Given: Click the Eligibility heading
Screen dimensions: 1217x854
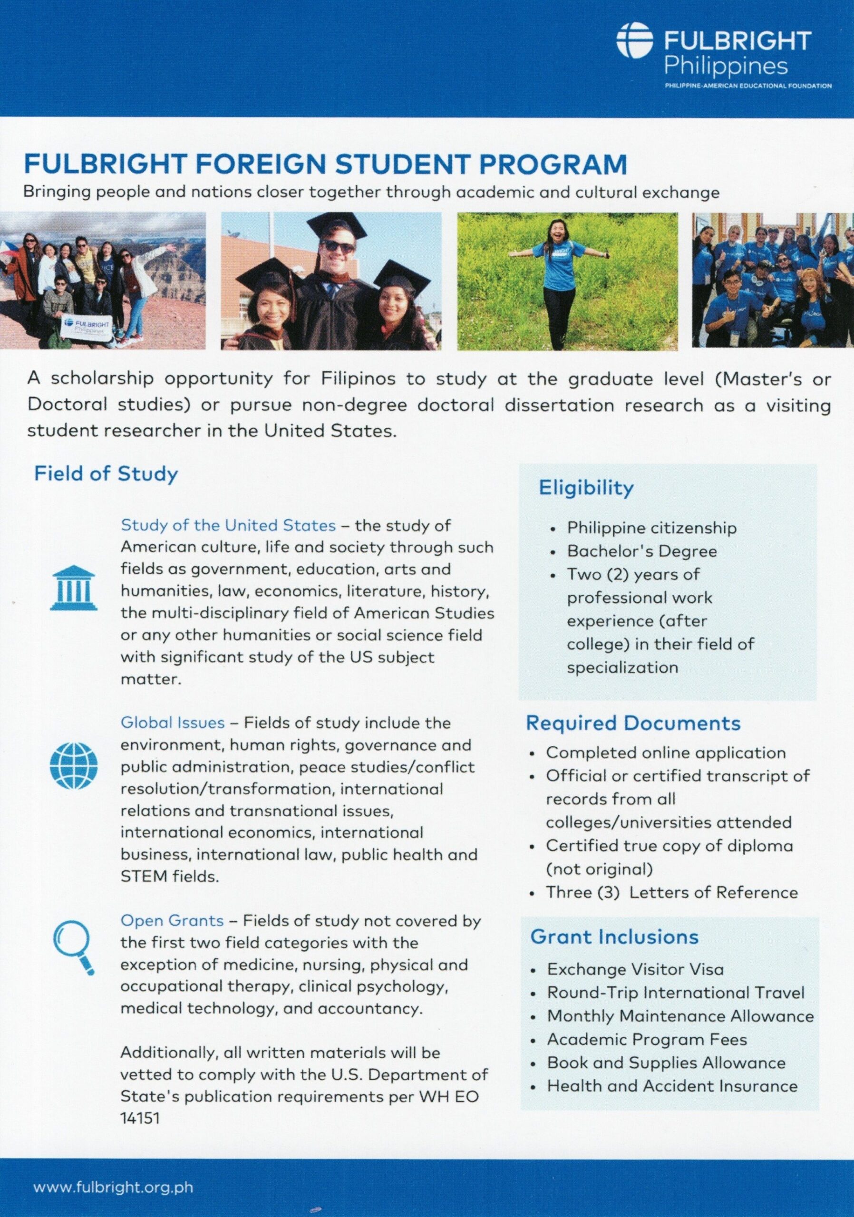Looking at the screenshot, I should point(586,488).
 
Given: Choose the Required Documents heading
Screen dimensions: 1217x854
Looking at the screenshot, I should point(633,723).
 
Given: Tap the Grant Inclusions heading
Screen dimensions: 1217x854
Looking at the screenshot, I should point(614,937).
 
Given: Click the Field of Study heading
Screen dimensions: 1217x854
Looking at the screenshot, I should point(106,474).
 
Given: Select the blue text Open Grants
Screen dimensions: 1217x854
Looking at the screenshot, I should point(172,921).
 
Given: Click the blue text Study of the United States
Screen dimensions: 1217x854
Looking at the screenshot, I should point(228,525).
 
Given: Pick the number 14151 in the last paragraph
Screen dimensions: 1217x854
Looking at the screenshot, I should point(140,1119).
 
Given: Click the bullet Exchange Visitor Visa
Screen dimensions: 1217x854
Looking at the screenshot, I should point(635,969).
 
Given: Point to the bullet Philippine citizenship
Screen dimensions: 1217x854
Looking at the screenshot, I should point(651,528).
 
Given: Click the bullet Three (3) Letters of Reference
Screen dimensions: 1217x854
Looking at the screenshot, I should point(671,893).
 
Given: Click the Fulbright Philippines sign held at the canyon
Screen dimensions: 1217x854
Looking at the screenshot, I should point(87,326).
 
